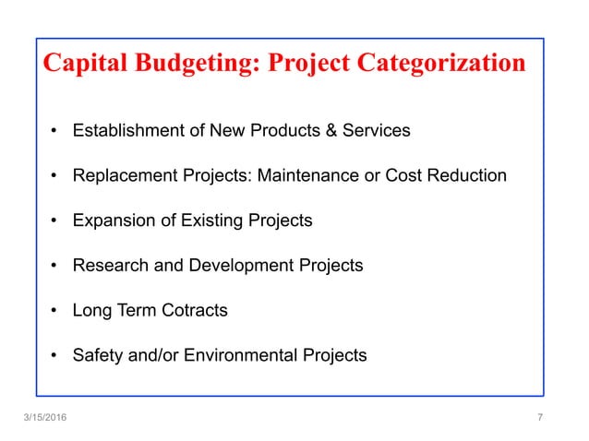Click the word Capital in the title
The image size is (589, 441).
pos(84,64)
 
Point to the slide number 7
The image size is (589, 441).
pos(539,418)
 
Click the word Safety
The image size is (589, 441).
pos(97,355)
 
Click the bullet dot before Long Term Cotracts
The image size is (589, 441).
pos(56,311)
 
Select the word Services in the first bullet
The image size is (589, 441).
pos(377,130)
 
